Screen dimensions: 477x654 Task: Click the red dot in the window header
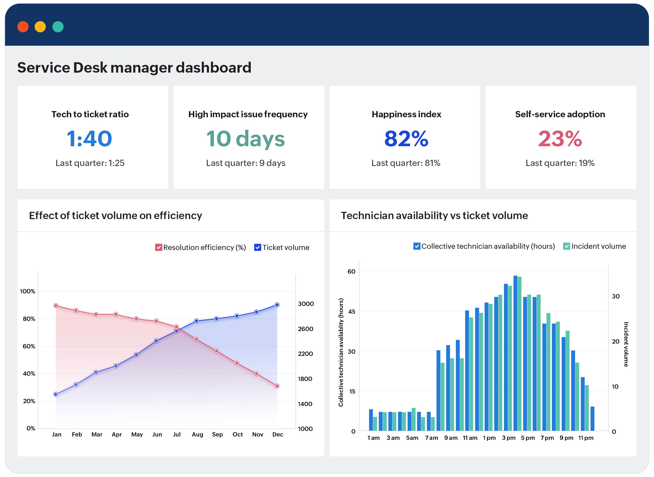pos(23,27)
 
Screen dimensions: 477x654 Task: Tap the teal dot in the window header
pos(58,27)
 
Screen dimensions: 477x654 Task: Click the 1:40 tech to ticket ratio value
pos(90,139)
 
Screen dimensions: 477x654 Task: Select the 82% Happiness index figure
pos(406,139)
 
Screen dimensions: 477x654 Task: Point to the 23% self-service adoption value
pos(560,139)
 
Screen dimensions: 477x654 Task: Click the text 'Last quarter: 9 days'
pos(246,163)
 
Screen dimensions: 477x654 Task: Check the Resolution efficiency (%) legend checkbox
pos(159,248)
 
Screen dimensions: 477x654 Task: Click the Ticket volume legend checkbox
pos(257,248)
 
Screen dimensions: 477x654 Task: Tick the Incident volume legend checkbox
pos(566,246)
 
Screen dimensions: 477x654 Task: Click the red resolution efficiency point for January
pos(56,306)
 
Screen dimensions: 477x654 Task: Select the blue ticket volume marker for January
pos(56,394)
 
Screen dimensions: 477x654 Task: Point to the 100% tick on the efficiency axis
pos(28,291)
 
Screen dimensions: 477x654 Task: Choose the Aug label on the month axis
pos(197,435)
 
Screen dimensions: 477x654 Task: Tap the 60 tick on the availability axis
pos(351,271)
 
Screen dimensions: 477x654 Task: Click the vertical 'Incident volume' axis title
pos(626,345)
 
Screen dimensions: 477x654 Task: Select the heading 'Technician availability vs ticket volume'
pos(434,216)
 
